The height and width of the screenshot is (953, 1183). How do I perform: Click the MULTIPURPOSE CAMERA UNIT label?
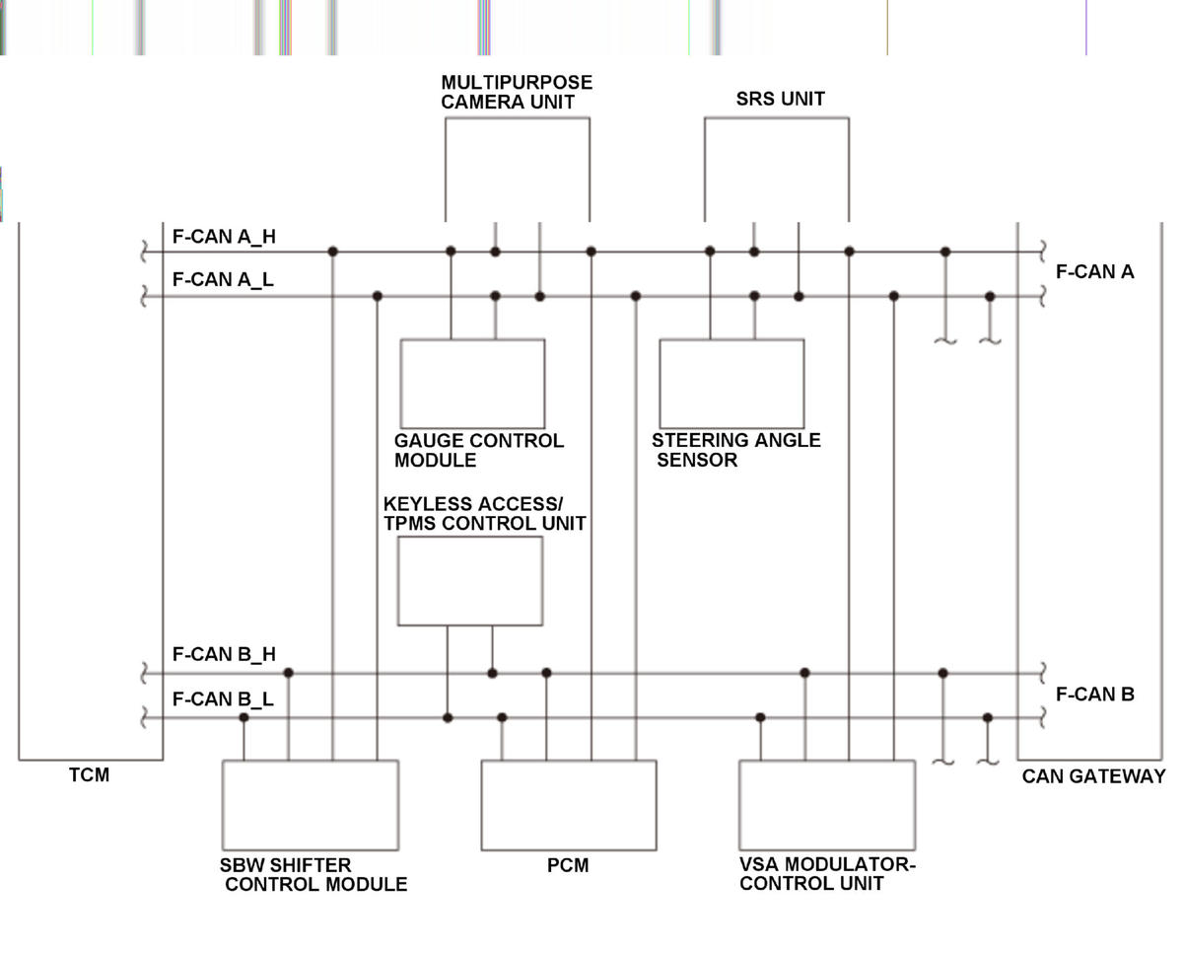coord(517,92)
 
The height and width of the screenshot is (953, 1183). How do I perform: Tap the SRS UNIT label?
coord(780,99)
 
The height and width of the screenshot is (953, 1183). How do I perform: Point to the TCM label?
coord(89,775)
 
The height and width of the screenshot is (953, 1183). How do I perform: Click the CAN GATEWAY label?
coord(1094,776)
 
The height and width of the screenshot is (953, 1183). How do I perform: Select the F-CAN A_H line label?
coord(224,237)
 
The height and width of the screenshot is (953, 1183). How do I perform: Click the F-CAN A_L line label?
coord(223,279)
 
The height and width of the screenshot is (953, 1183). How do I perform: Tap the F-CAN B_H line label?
coord(224,654)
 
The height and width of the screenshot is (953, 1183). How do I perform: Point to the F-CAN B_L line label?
coord(223,698)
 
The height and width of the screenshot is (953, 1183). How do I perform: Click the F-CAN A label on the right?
coord(1095,272)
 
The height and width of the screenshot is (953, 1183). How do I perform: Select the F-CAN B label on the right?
coord(1095,695)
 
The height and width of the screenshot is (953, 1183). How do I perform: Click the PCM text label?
coord(568,865)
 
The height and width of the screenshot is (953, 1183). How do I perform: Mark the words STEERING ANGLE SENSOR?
coord(736,450)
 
